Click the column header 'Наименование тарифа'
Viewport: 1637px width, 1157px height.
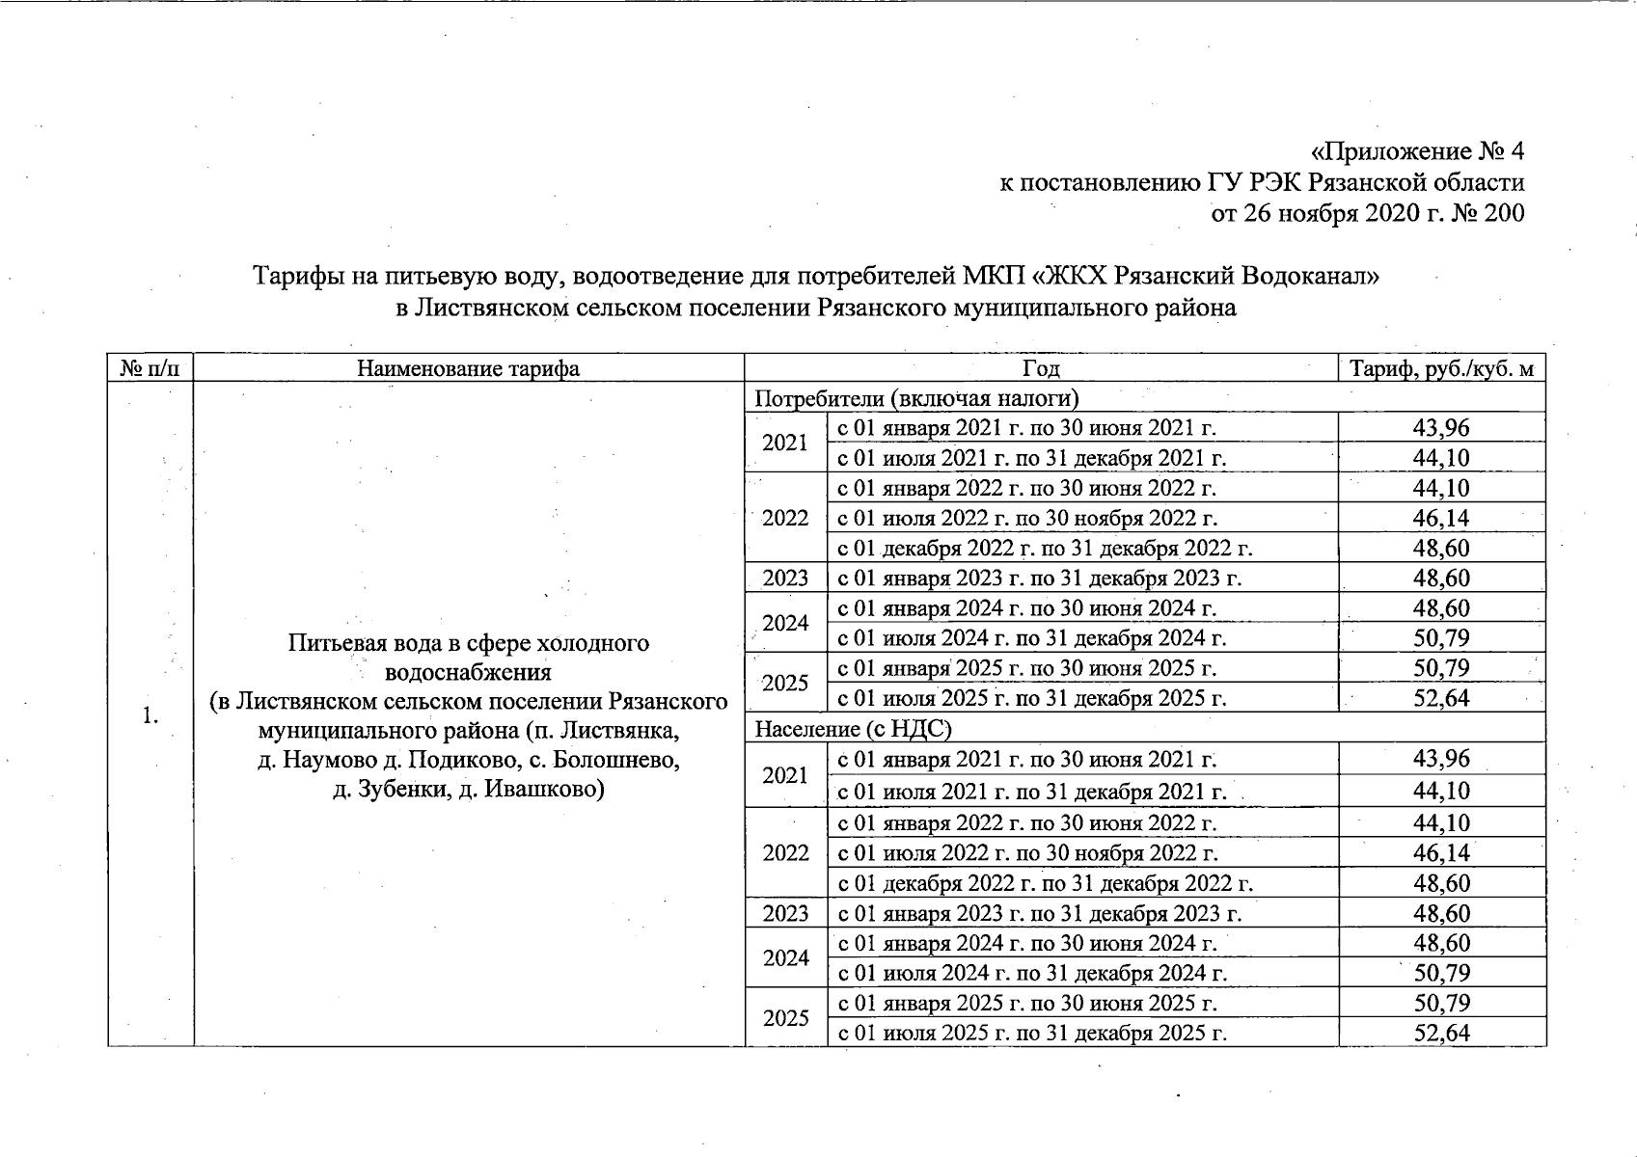[x=468, y=368]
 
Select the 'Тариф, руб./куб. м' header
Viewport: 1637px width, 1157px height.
[x=1441, y=368]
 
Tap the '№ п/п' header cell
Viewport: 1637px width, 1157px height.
[x=150, y=368]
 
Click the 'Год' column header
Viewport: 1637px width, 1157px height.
[x=1041, y=368]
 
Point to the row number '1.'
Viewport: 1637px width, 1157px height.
[x=150, y=715]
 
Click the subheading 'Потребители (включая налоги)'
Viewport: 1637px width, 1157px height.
[x=915, y=398]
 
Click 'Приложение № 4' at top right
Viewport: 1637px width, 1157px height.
[x=1417, y=152]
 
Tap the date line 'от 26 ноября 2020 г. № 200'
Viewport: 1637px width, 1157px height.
[x=1367, y=213]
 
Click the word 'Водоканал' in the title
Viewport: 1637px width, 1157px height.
[x=1311, y=277]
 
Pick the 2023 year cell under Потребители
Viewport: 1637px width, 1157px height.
[x=785, y=578]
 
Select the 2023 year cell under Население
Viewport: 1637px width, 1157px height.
[x=785, y=913]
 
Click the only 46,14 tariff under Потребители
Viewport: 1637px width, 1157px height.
[x=1441, y=518]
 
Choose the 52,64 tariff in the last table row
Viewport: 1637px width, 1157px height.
[x=1441, y=1033]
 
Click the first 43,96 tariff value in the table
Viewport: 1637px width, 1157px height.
[x=1441, y=427]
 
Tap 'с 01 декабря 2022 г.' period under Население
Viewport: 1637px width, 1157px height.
[x=1045, y=883]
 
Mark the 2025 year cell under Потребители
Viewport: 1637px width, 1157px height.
[x=785, y=683]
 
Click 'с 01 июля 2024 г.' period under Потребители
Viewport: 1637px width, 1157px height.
[x=1031, y=638]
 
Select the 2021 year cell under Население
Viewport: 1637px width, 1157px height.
[x=785, y=775]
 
